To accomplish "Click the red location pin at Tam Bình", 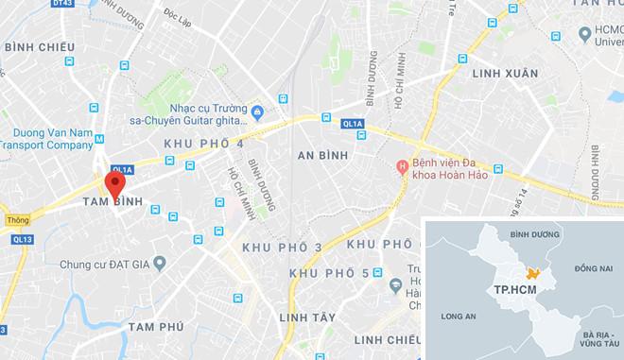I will (113, 183).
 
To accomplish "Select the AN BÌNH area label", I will (322, 155).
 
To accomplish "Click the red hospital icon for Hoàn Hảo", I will (402, 168).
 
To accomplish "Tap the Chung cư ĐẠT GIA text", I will (101, 263).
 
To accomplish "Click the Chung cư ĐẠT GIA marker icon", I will (160, 263).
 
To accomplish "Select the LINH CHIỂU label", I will (383, 339).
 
